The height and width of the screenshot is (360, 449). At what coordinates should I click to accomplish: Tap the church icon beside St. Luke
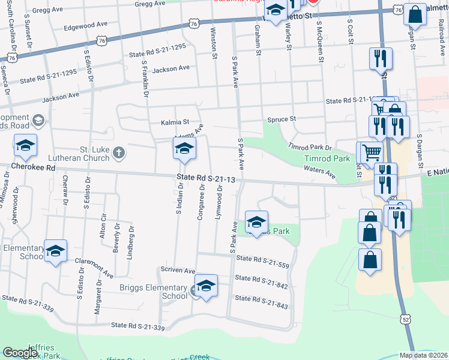(x=119, y=152)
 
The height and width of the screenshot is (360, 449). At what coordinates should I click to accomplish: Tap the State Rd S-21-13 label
(x=206, y=178)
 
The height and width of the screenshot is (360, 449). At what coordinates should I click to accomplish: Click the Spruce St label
(x=282, y=119)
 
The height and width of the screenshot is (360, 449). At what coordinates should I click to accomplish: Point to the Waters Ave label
(x=319, y=172)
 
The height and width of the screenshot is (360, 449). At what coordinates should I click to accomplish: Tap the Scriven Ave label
(x=178, y=271)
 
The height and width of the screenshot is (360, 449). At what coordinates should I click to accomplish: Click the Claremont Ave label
(x=94, y=268)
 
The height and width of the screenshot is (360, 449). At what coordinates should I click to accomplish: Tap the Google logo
(x=20, y=353)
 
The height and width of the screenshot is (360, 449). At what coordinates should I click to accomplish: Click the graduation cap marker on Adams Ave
(x=185, y=149)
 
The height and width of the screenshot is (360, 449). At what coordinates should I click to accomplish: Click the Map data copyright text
(x=423, y=355)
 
